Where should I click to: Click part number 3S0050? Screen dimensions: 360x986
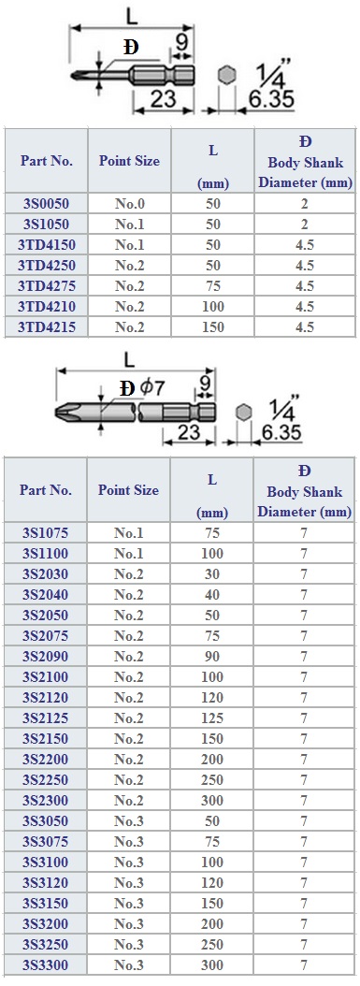point(46,203)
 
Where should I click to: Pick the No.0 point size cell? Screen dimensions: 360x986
point(129,203)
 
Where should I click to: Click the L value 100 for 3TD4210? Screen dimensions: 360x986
point(213,306)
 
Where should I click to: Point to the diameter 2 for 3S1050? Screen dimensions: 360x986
point(305,224)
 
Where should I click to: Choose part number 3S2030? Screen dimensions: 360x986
point(45,574)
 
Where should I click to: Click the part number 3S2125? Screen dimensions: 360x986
point(45,718)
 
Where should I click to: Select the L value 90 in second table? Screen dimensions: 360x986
point(212,656)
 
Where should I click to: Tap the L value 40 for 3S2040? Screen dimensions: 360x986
point(212,594)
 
